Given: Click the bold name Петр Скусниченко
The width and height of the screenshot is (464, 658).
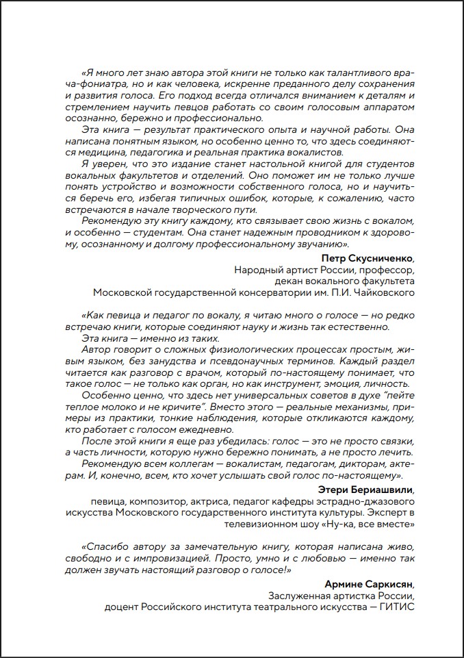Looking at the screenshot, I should coord(367,257).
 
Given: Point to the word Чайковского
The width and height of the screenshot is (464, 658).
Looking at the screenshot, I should coord(386,292).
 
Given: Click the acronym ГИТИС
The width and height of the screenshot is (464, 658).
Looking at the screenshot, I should coord(396,607).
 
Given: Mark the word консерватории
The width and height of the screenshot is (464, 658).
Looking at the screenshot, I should coord(284,292).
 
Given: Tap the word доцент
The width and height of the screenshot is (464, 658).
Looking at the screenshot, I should coord(120,607).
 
